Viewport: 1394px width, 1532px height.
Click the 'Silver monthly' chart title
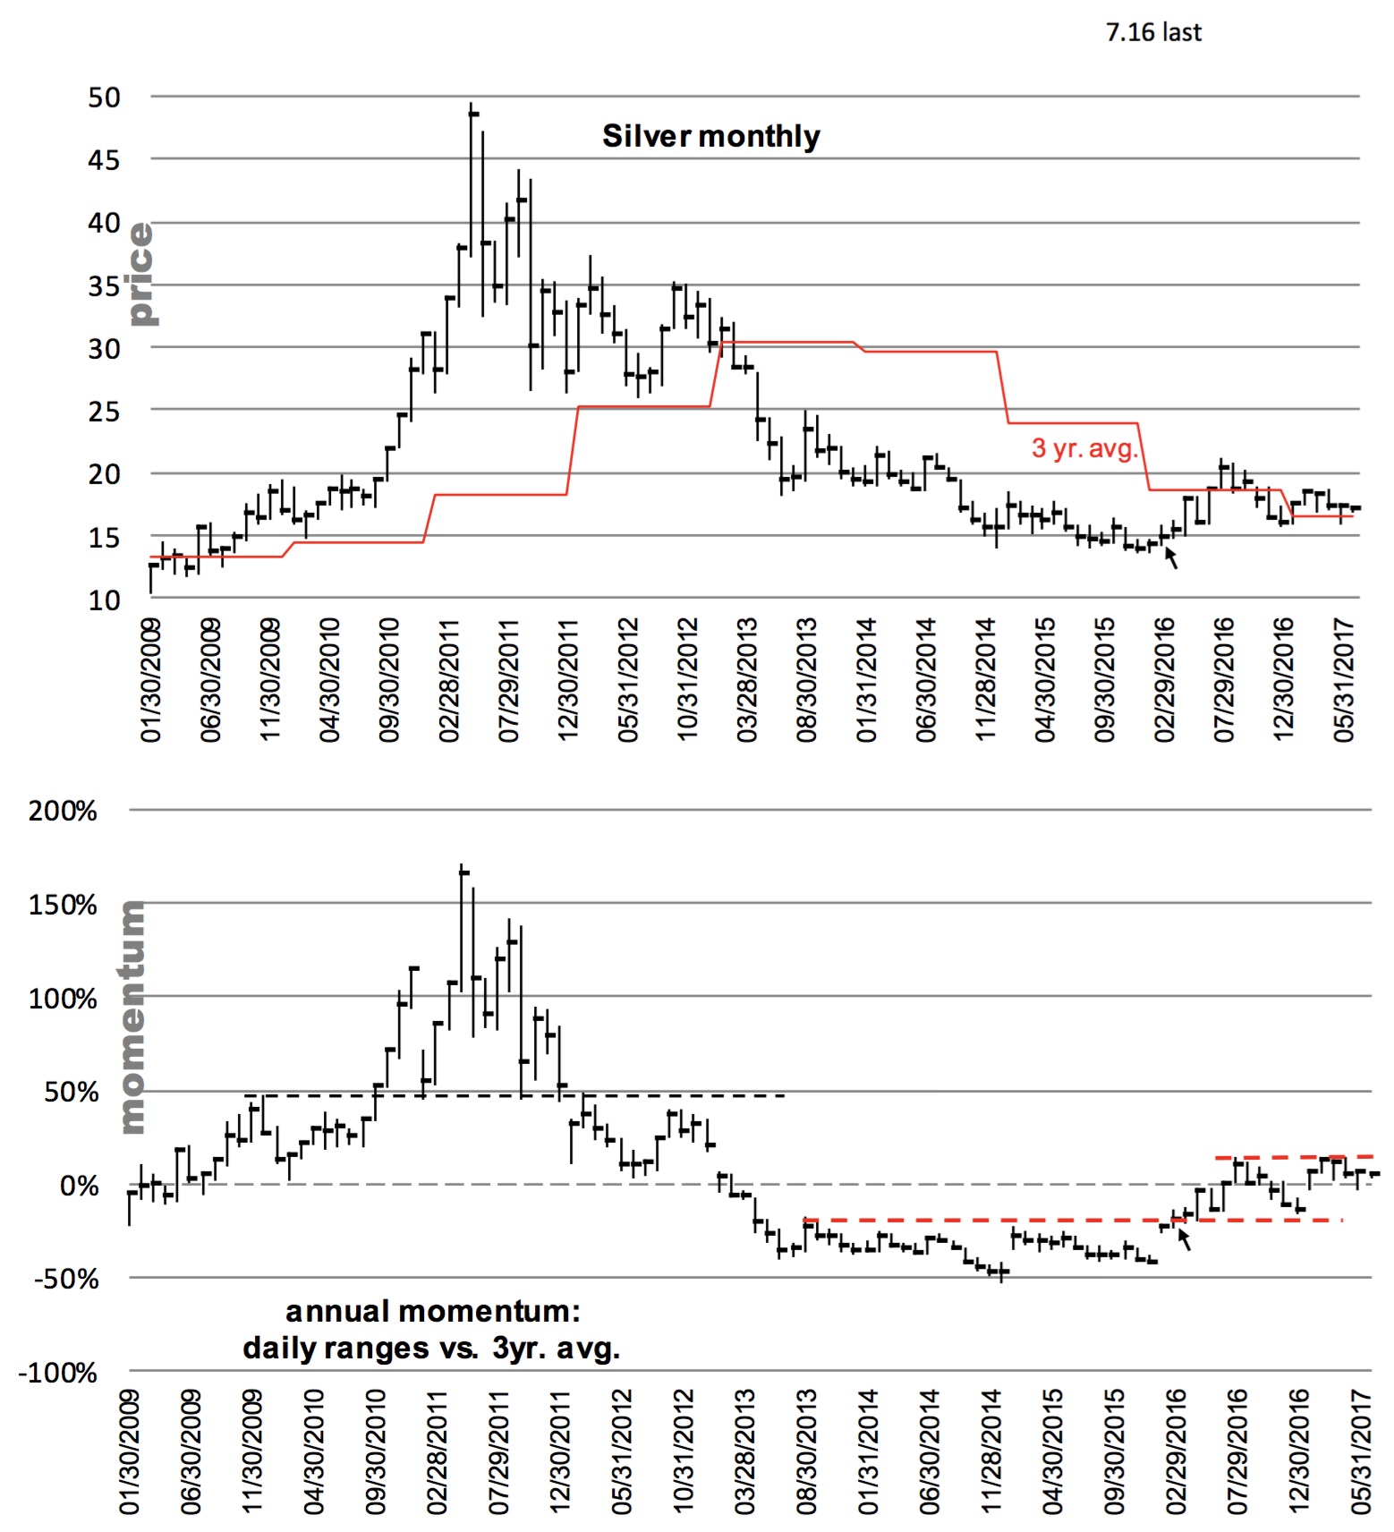click(710, 136)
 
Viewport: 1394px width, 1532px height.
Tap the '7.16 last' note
click(1152, 33)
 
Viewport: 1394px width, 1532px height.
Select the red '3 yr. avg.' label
click(1084, 447)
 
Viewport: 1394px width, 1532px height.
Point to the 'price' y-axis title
click(140, 274)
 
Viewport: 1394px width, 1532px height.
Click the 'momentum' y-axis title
click(132, 1017)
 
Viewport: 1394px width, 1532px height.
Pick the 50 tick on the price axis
click(104, 98)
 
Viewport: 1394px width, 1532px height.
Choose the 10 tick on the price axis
click(104, 600)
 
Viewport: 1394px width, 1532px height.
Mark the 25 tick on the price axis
click(104, 412)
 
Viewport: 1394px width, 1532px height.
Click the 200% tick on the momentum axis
click(63, 811)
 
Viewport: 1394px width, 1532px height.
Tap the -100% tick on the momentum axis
click(57, 1373)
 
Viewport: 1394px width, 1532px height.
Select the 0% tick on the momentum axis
click(79, 1186)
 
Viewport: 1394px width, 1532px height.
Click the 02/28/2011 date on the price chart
click(448, 680)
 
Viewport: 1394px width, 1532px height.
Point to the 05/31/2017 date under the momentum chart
click(1361, 1451)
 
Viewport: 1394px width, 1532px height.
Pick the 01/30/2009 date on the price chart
click(150, 680)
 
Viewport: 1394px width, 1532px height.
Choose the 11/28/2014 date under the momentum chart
click(991, 1451)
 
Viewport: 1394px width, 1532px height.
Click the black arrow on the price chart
click(1171, 558)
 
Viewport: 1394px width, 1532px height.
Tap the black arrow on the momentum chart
click(1185, 1239)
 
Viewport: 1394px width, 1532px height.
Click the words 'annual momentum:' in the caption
click(432, 1312)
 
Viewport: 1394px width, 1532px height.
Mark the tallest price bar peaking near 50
click(471, 179)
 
